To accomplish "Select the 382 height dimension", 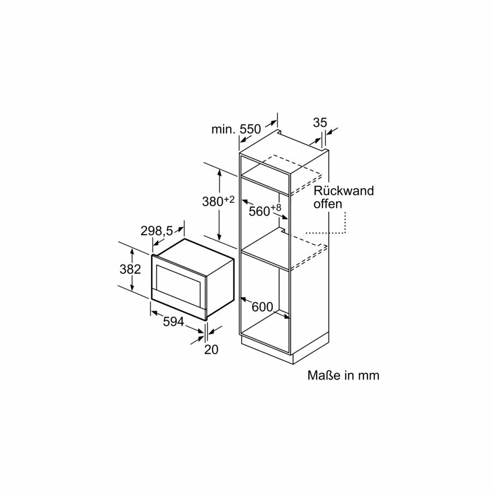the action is [131, 269].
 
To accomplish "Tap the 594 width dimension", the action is [173, 323].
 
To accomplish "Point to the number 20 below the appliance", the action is [211, 350].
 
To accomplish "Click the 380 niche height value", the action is [213, 202].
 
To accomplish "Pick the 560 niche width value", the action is [259, 211].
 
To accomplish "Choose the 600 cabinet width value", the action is [262, 307].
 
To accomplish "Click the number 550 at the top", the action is [250, 129].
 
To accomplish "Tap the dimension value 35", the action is [320, 122].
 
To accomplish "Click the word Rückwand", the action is [343, 191].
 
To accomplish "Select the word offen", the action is [328, 204].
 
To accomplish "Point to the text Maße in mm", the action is [343, 376].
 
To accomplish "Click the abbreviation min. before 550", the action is [223, 130].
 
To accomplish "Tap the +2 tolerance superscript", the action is [229, 200].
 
